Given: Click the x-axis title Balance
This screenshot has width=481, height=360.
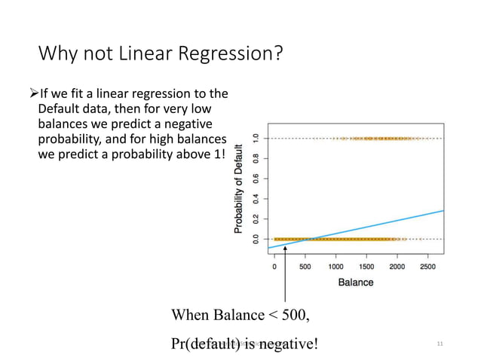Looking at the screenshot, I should pyautogui.click(x=355, y=282).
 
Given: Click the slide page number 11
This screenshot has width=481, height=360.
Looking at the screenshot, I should pyautogui.click(x=440, y=344).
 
